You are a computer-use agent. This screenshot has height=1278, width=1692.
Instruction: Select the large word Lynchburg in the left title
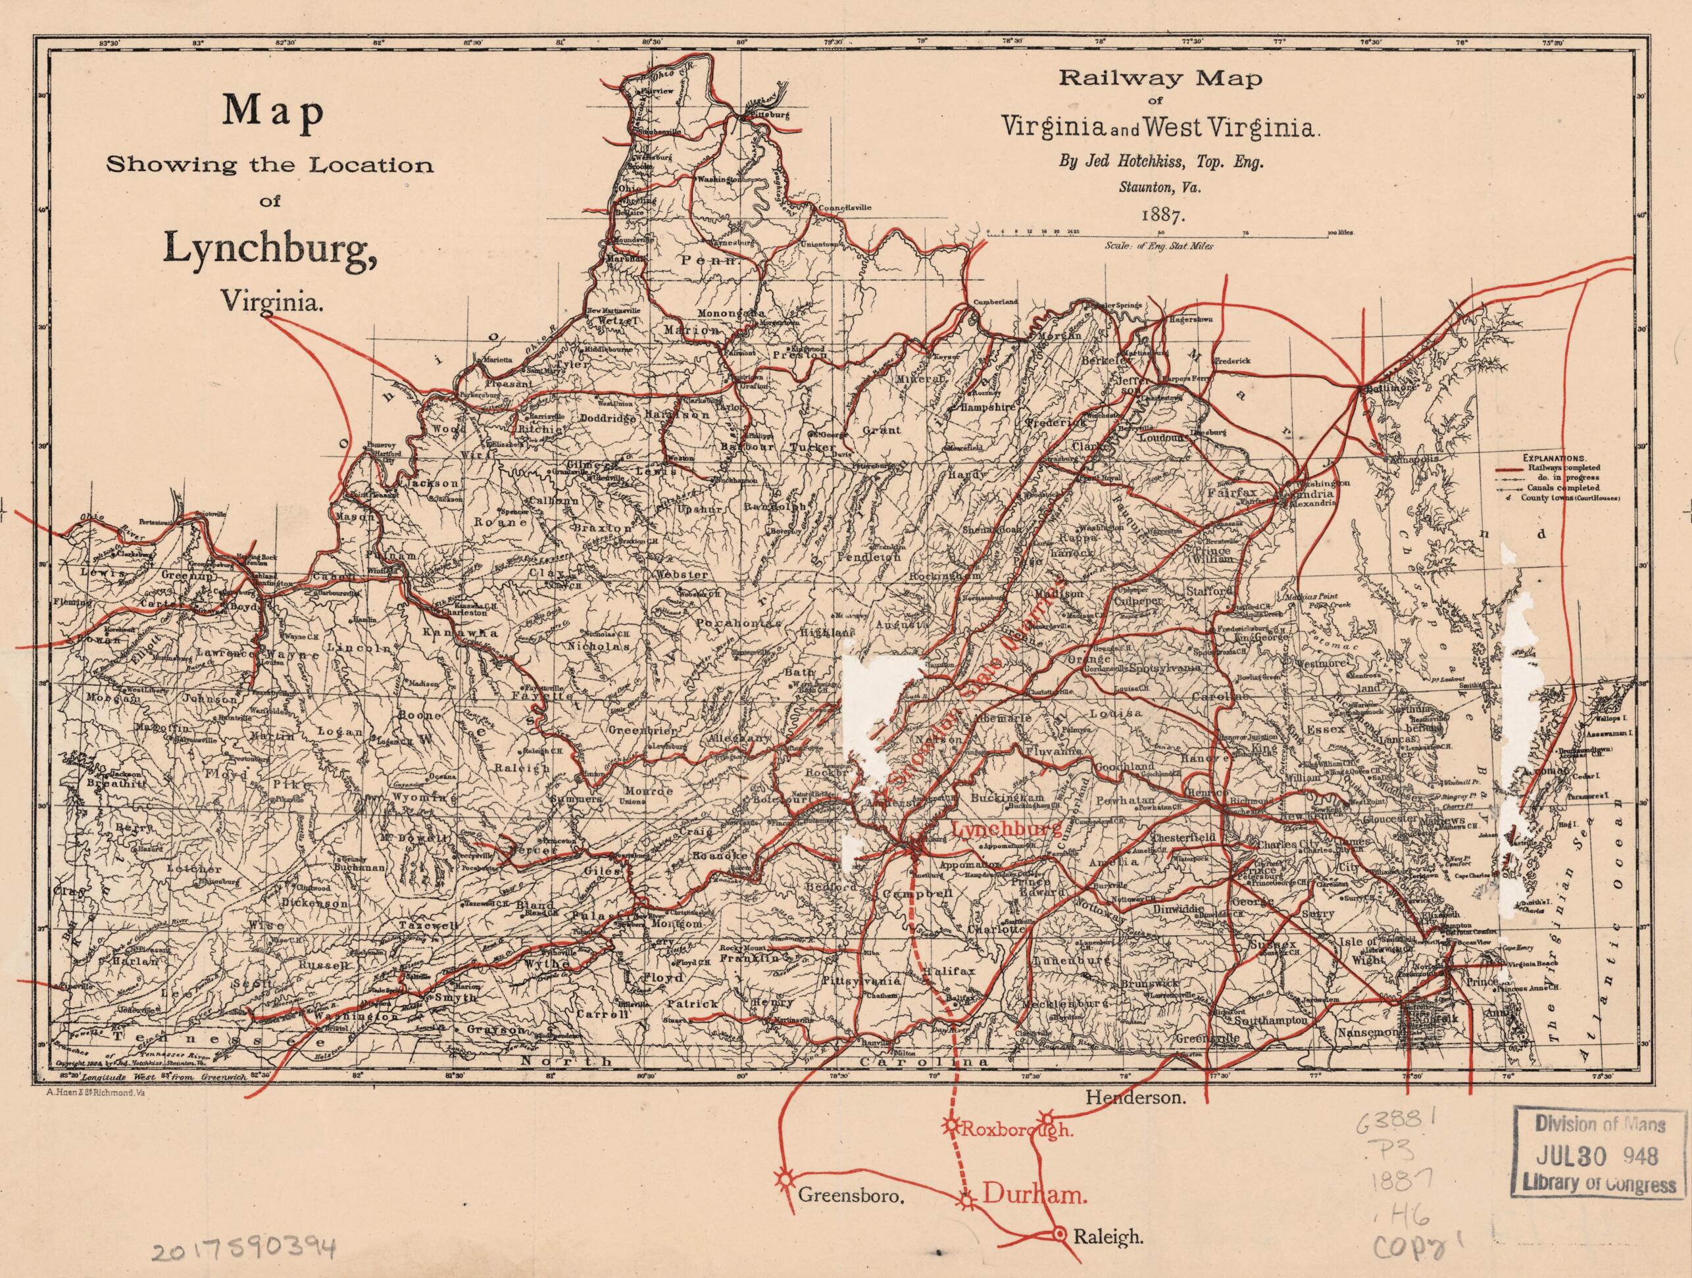pyautogui.click(x=269, y=249)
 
